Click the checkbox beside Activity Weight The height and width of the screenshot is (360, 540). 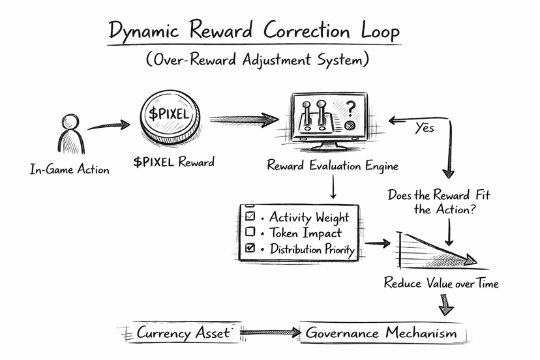pos(249,217)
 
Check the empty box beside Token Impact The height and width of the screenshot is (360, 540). pos(249,232)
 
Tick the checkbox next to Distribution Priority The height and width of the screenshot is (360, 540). pos(249,248)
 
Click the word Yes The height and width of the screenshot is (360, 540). pos(425,128)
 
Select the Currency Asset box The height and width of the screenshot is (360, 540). pos(183,333)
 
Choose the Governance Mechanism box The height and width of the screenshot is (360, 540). pos(382,333)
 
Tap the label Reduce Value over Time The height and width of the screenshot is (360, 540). pos(441,284)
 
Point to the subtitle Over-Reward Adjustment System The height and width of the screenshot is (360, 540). pos(258,61)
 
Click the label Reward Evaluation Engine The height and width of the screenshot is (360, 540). pos(332,165)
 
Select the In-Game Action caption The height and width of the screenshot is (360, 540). pos(70,170)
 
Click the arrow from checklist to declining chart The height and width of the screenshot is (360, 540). pos(377,244)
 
